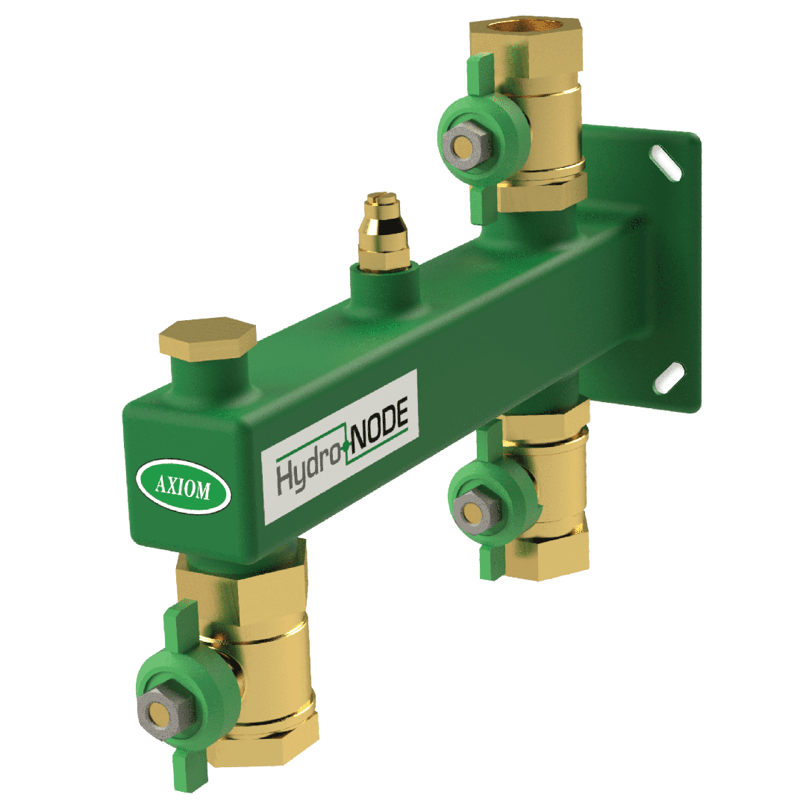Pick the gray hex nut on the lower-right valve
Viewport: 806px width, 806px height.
pos(473,511)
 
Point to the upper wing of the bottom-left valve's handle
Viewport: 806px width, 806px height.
pos(177,625)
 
